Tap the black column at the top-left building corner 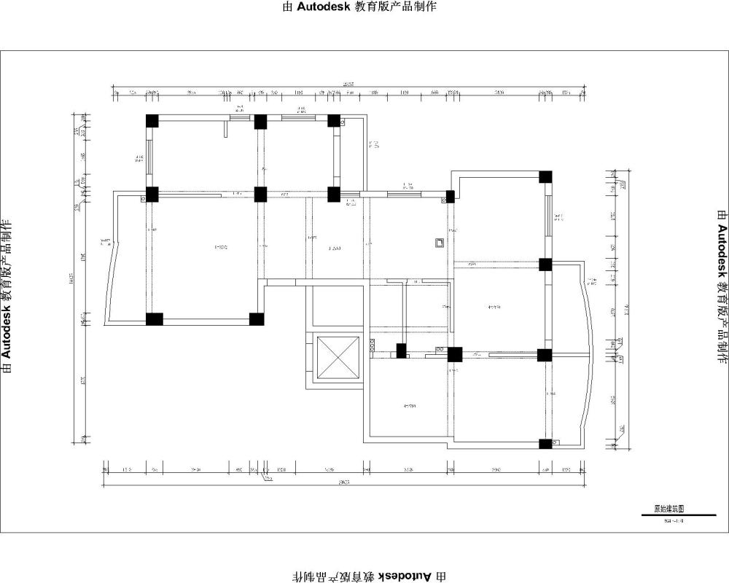pyautogui.click(x=152, y=121)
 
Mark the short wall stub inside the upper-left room pyautogui.click(x=225, y=128)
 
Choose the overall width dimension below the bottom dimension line pyautogui.click(x=344, y=482)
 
